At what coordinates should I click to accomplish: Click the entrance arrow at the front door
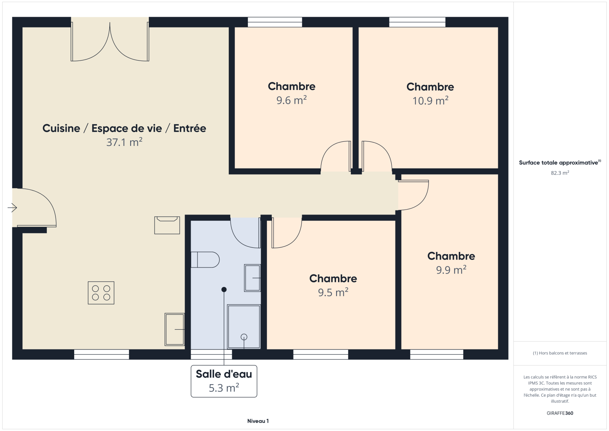12,208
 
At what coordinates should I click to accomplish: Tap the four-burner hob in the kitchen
101,293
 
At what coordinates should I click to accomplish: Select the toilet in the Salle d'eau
205,260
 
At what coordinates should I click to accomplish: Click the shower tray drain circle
244,337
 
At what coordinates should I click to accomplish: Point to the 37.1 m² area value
124,142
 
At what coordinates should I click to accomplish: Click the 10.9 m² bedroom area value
430,101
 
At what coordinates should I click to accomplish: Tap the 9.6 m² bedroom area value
292,100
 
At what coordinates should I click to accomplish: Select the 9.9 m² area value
451,270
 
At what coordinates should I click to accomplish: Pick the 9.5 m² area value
333,292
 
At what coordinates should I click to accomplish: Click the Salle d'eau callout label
224,381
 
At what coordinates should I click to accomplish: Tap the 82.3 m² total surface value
560,173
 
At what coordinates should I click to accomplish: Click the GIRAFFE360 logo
560,413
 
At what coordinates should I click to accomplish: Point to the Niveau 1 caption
258,421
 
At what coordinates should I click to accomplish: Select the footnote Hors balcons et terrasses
560,353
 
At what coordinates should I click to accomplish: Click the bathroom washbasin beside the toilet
252,278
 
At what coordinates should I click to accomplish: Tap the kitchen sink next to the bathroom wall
175,330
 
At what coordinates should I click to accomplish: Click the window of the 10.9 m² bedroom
417,22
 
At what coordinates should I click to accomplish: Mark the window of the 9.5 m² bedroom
320,354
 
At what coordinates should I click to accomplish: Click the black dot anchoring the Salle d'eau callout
224,289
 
